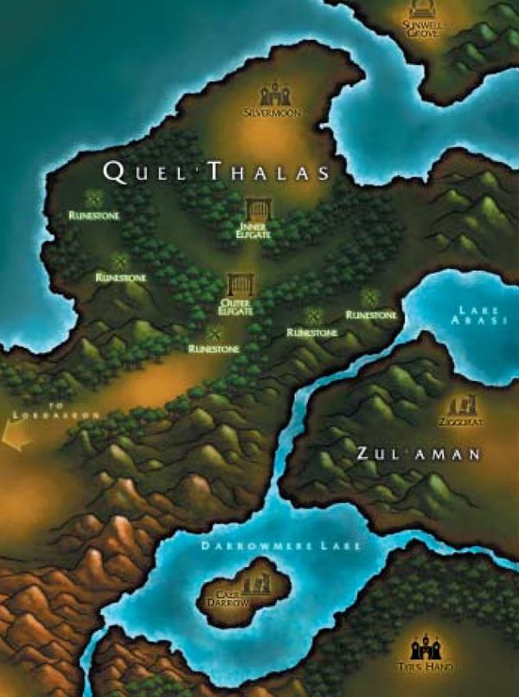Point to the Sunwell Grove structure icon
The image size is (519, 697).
coord(424,10)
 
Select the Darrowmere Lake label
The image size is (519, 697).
coord(281,546)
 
